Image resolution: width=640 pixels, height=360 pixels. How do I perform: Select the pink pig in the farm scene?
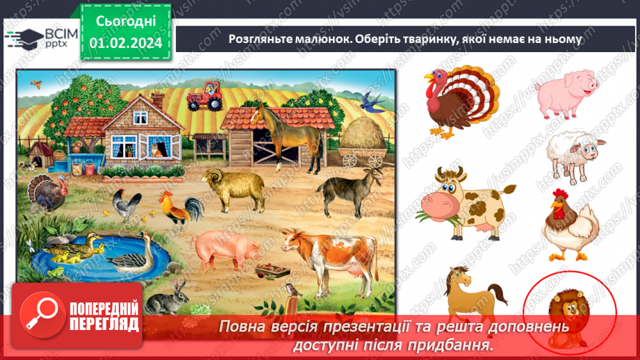[x=223, y=248]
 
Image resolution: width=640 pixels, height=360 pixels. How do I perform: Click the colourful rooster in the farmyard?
[x=179, y=208]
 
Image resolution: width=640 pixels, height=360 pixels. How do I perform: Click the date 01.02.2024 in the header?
[x=125, y=43]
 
